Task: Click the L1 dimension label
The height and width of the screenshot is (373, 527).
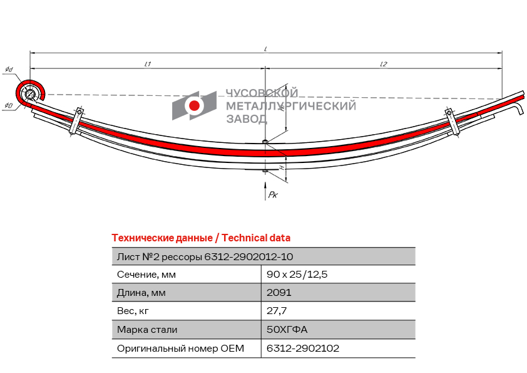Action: point(148,63)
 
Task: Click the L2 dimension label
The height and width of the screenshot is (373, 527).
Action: point(384,63)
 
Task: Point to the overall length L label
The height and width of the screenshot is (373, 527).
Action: point(265,49)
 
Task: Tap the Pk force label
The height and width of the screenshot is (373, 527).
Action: point(272,194)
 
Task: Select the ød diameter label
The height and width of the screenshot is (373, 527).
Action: point(9,70)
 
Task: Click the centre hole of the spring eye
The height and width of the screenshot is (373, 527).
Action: point(29,94)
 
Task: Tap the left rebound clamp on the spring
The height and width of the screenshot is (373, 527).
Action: point(76,120)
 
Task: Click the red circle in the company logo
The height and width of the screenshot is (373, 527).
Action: point(194,105)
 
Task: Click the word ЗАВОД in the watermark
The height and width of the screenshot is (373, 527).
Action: point(247,118)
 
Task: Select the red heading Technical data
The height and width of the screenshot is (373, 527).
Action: point(256,238)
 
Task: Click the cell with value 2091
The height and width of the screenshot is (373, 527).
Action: point(279,292)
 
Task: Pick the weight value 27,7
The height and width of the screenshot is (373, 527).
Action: point(277,311)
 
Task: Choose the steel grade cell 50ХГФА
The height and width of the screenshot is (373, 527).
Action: point(287,329)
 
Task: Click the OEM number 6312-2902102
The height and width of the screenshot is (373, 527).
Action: point(303,348)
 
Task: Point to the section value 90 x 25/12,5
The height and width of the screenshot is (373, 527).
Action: point(297,275)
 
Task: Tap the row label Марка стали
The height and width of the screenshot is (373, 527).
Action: point(147,329)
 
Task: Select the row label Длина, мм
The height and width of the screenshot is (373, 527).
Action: point(141,293)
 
